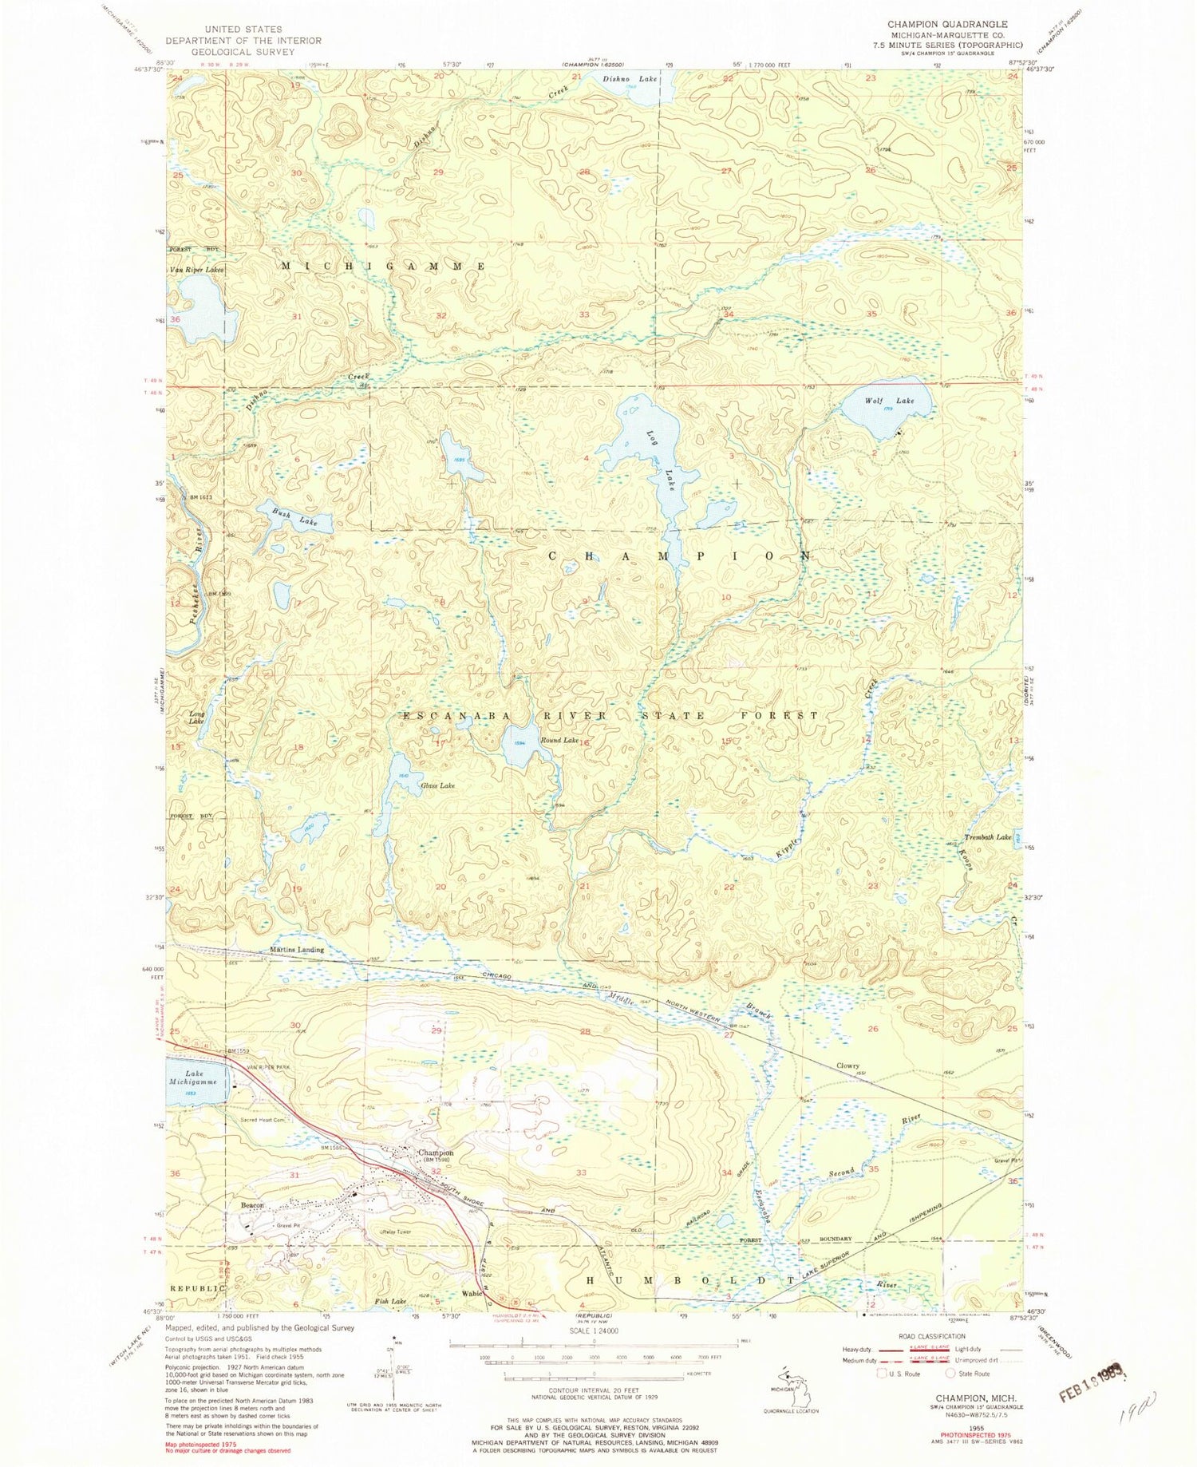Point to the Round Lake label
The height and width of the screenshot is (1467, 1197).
coord(559,741)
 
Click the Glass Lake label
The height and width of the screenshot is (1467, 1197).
coord(437,785)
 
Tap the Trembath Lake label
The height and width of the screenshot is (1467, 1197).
coord(988,837)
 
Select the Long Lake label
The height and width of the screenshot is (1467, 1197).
coord(197,717)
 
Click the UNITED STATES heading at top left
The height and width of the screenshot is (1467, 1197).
coord(243,30)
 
